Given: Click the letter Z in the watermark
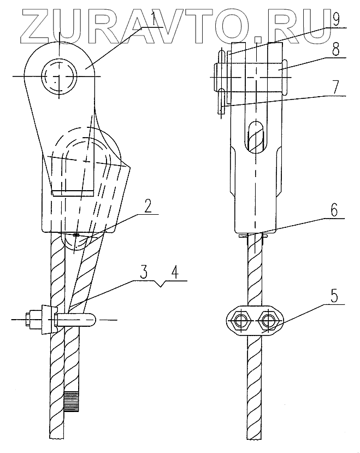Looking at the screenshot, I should click(x=32, y=27).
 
